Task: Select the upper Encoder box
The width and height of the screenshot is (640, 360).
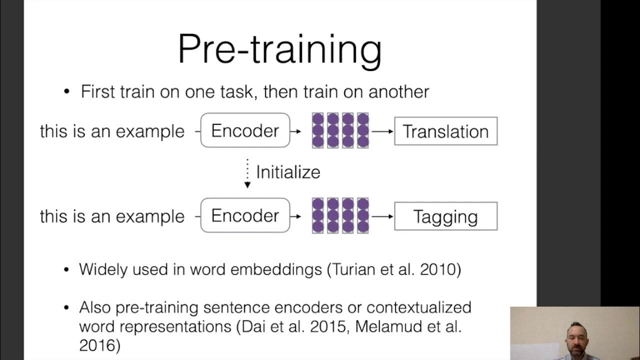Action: [245, 130]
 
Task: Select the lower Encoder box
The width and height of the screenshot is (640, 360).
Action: [245, 215]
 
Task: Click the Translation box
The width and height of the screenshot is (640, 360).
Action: [445, 131]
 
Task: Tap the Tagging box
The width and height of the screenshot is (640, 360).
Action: [445, 216]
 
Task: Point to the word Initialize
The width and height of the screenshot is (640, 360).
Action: [288, 172]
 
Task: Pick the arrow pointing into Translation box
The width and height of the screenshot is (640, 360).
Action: [382, 131]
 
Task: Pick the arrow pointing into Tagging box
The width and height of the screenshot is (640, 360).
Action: [382, 216]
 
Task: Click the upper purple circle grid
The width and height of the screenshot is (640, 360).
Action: [340, 130]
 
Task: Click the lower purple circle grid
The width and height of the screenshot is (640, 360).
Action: [340, 215]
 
